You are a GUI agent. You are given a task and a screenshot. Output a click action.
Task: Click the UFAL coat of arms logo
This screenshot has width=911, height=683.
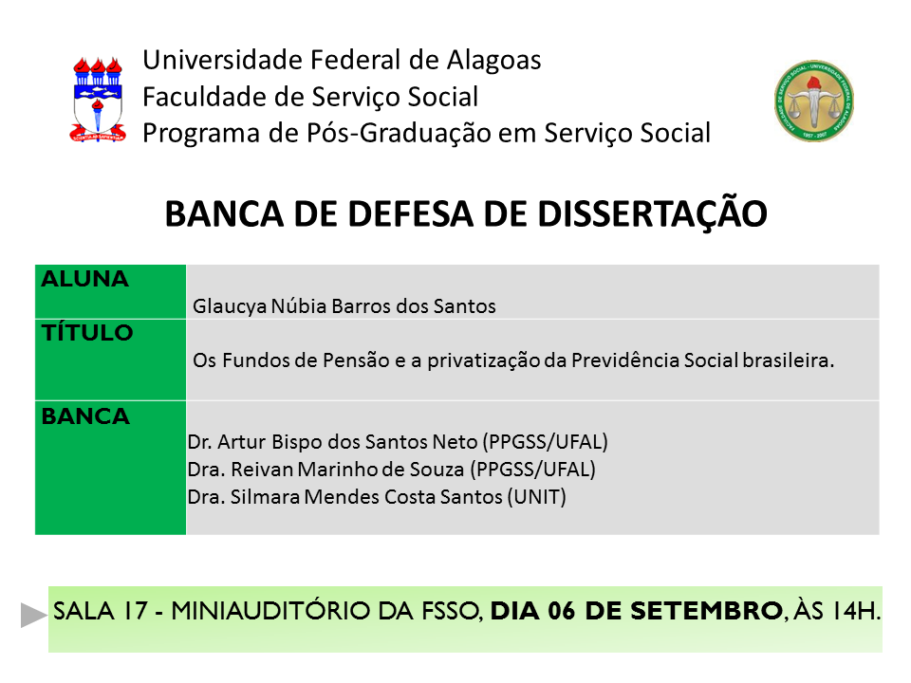(98, 100)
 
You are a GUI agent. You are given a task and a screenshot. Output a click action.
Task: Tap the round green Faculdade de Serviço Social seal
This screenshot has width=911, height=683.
(814, 101)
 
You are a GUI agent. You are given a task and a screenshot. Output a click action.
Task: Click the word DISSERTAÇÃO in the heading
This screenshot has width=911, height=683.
(653, 213)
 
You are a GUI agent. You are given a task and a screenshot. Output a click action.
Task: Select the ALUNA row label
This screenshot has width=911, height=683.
(84, 279)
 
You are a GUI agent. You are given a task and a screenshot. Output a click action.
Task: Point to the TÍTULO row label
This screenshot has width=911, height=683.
(87, 332)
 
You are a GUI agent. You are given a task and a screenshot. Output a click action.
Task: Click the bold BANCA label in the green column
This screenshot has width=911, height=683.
(85, 416)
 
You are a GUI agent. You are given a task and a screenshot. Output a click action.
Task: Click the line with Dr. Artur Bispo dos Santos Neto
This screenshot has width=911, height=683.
(398, 442)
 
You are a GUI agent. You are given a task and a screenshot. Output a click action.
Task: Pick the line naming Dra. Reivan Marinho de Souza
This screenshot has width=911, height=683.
(392, 470)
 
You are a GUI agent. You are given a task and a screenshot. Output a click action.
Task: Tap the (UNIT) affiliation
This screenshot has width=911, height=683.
(536, 497)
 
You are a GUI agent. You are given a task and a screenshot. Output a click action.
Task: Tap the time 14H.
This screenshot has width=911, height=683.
(856, 611)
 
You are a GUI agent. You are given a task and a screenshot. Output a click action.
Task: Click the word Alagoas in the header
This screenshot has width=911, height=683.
(493, 61)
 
